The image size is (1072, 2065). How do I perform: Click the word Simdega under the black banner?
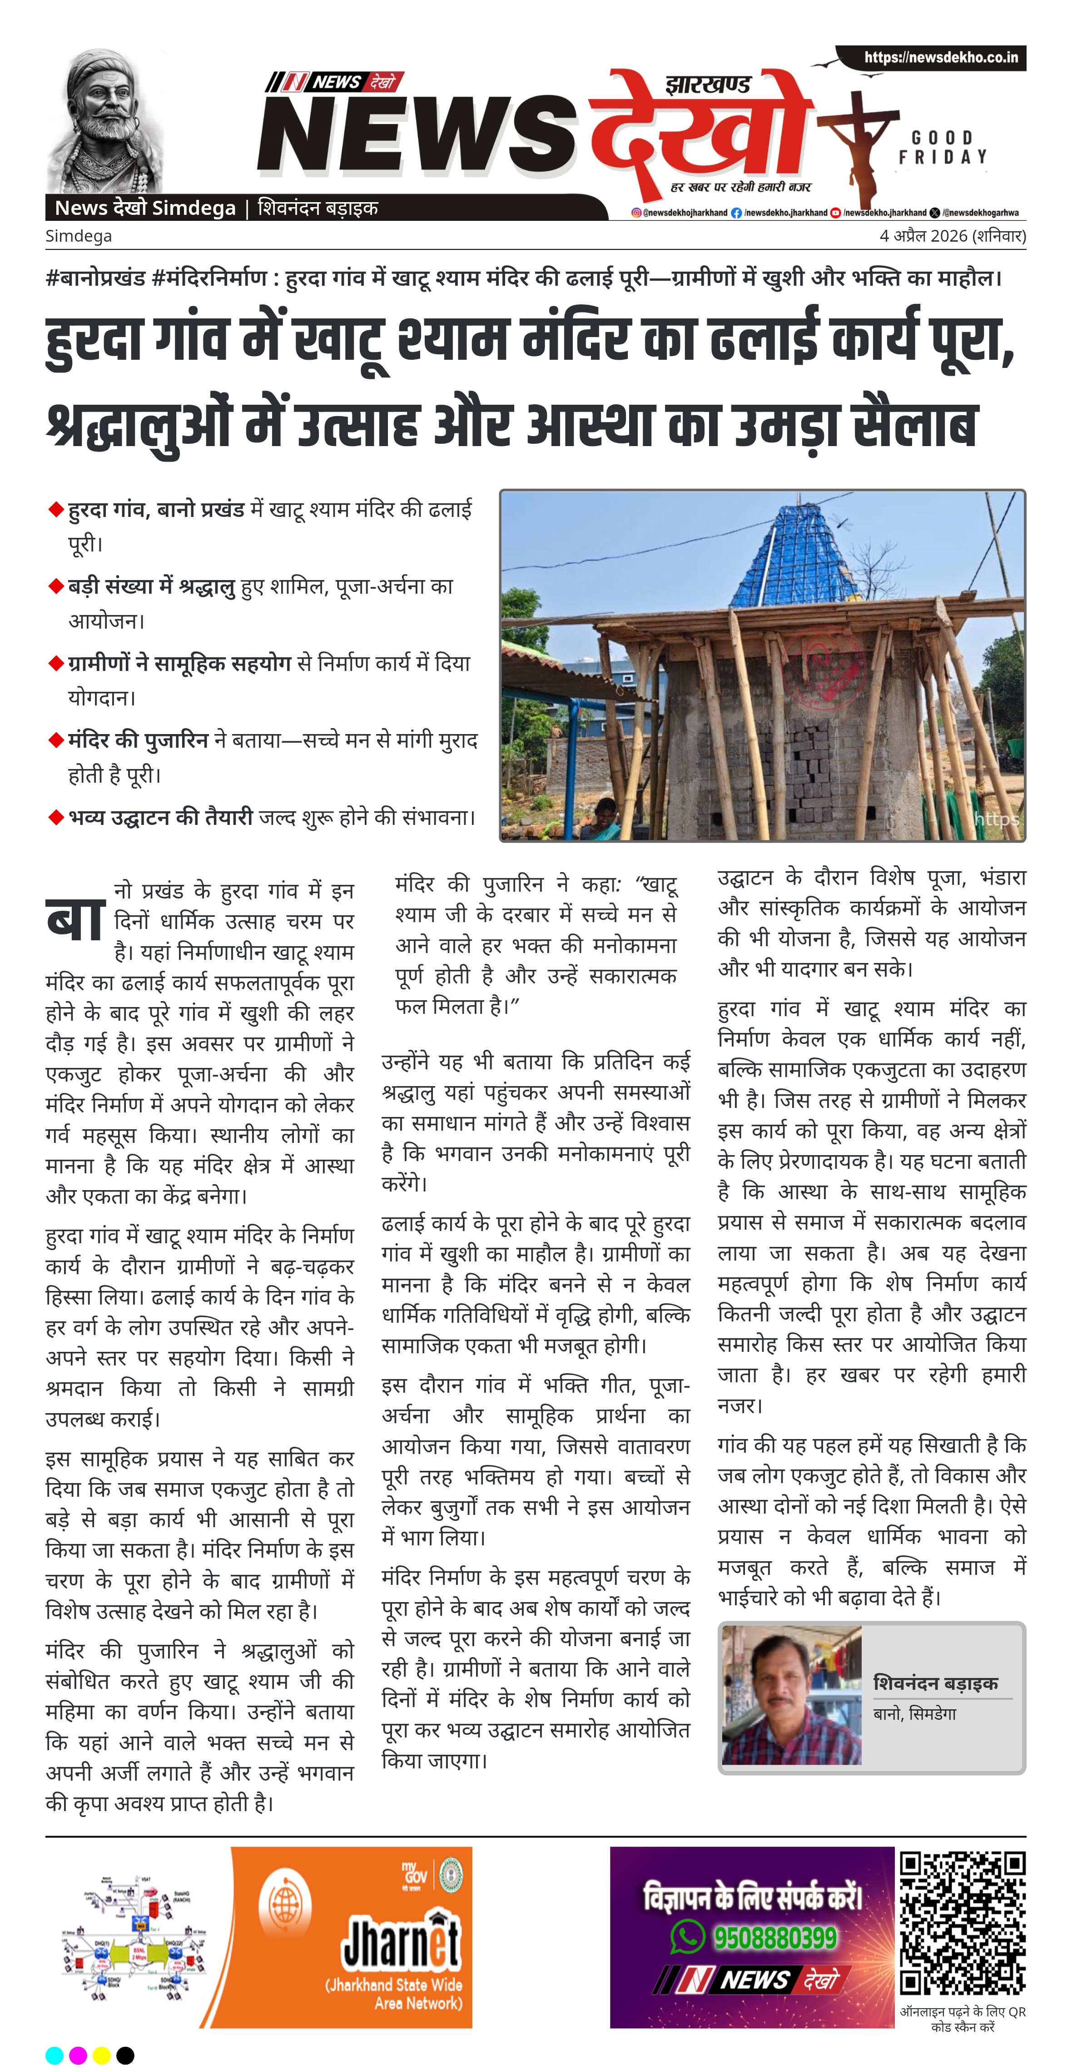79,236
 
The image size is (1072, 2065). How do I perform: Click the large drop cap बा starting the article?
76,919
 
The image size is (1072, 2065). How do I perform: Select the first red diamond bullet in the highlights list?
56,510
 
